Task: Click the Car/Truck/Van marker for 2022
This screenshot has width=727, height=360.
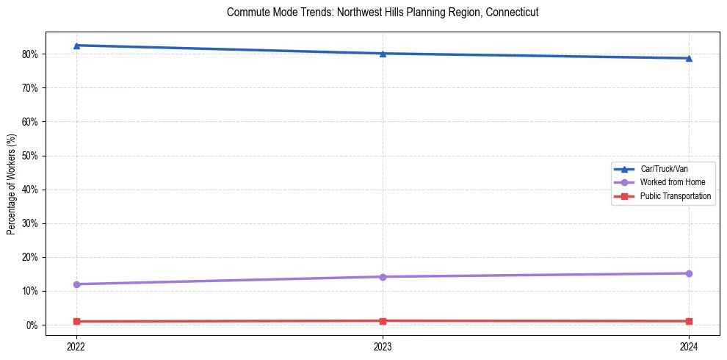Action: click(76, 46)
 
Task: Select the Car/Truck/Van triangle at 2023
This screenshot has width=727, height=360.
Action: click(383, 54)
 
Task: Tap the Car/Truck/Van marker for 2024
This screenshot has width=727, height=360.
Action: click(689, 58)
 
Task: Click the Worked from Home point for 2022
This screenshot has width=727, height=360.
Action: click(76, 284)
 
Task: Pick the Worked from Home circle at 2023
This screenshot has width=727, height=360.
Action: click(383, 277)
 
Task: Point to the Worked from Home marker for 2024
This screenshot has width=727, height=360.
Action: click(689, 273)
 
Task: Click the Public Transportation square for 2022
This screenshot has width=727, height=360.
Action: click(76, 321)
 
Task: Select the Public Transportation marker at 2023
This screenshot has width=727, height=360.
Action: click(383, 320)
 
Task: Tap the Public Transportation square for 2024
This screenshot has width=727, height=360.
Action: click(689, 321)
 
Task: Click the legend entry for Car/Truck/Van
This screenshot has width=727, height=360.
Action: click(664, 169)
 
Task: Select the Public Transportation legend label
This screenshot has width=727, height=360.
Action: click(675, 196)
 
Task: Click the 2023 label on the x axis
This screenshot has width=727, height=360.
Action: click(383, 345)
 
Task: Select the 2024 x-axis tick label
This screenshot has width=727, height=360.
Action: click(689, 345)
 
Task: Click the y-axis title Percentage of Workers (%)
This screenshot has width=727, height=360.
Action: click(11, 184)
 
